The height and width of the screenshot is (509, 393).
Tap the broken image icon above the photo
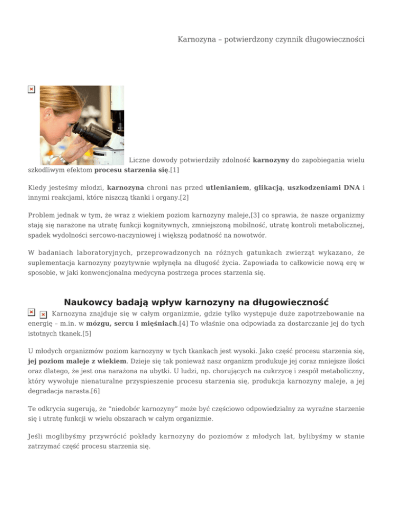[x=31, y=89]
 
